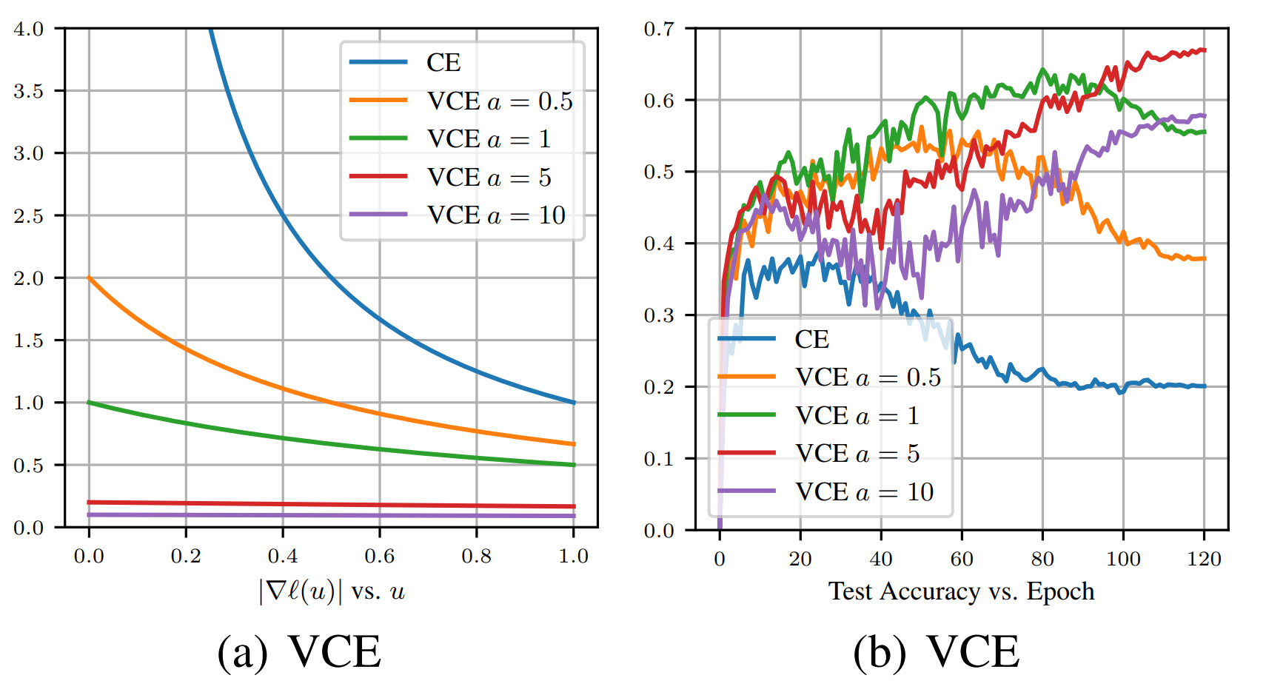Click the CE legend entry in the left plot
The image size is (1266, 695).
coord(443,63)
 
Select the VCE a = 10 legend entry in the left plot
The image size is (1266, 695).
coord(496,215)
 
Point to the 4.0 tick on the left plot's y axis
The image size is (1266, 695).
coord(29,29)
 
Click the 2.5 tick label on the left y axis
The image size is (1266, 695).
coord(29,216)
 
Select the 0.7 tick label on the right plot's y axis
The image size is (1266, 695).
coord(659,29)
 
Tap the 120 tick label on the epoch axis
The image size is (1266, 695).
coord(1204,559)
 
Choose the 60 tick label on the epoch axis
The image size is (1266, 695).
coord(961,559)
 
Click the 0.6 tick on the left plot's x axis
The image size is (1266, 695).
coord(380,556)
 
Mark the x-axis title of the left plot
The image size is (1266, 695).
coord(332,591)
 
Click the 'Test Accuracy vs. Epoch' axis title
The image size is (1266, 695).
coord(961,591)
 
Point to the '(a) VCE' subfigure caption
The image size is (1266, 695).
coord(299,652)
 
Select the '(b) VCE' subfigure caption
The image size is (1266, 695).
coord(936,652)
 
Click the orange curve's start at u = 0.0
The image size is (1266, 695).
coord(89,278)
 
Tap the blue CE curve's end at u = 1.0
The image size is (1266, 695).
coord(574,403)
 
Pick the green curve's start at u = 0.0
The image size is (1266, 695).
coord(89,403)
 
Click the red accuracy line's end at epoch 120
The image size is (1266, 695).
coord(1205,50)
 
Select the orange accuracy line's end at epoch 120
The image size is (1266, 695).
coord(1205,258)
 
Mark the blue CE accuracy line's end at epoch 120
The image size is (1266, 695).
coord(1205,386)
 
